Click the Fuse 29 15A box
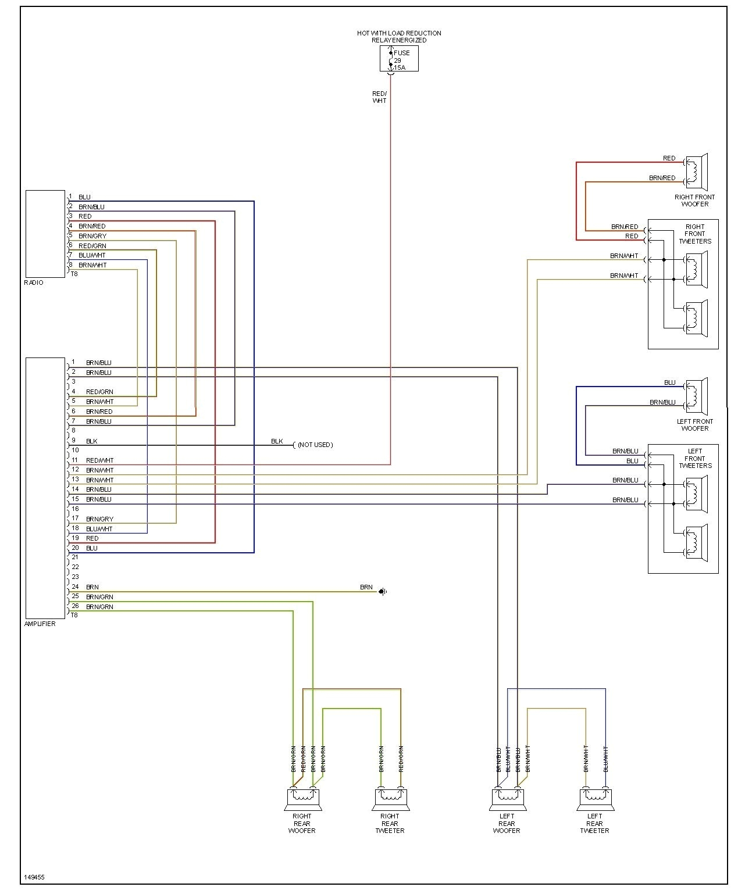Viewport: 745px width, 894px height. point(399,59)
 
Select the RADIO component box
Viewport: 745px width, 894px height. point(45,234)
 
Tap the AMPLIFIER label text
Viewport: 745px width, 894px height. point(40,624)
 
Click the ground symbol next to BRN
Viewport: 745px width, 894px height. point(383,592)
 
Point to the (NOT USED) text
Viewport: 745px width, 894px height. point(315,445)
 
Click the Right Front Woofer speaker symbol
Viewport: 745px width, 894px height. point(696,172)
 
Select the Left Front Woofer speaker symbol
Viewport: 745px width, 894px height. point(696,396)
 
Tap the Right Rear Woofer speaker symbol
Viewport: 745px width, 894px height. point(302,799)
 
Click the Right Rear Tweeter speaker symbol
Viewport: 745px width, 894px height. point(390,799)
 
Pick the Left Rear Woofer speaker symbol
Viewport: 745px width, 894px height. point(508,799)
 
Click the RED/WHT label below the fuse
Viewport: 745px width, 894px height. point(379,97)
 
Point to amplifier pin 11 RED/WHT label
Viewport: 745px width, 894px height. point(99,460)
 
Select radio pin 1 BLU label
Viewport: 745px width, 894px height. point(84,197)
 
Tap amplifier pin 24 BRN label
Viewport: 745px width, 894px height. point(92,587)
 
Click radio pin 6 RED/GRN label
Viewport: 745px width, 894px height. point(92,246)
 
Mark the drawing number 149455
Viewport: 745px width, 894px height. point(34,877)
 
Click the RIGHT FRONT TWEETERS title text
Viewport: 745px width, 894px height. point(695,234)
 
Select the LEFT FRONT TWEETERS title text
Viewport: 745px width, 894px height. point(695,458)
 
